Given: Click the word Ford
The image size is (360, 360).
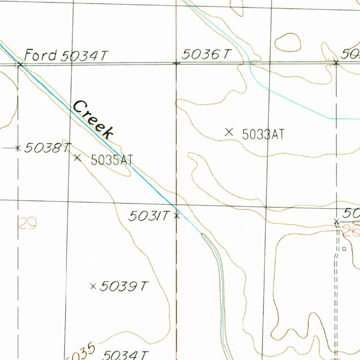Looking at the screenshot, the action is pos(40,55).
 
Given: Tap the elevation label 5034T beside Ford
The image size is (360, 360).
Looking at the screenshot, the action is pos(84,56).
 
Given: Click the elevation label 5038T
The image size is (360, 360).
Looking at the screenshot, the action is pos(48,148).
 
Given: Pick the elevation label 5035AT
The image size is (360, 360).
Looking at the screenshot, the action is pos(112,160).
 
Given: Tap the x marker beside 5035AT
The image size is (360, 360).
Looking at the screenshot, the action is pos(78,157).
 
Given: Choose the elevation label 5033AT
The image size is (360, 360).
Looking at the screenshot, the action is pos(263,134).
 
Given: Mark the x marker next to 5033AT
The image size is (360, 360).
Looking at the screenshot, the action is pos(229,132).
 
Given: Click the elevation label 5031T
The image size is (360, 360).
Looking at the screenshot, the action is pos(149,216).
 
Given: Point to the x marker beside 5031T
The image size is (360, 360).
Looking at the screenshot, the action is pos(177,216).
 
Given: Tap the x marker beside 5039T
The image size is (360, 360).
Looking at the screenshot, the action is pos(93,287).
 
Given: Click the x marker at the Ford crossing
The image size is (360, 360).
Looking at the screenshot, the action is pos(20,64).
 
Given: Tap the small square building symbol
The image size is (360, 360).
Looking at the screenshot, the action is pos(344,249).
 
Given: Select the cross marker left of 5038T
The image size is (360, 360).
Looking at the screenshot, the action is pos(18,148).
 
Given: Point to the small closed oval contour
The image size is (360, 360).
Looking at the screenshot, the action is pos(288,43).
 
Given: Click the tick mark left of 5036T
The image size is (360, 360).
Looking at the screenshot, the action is pos(176,63).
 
